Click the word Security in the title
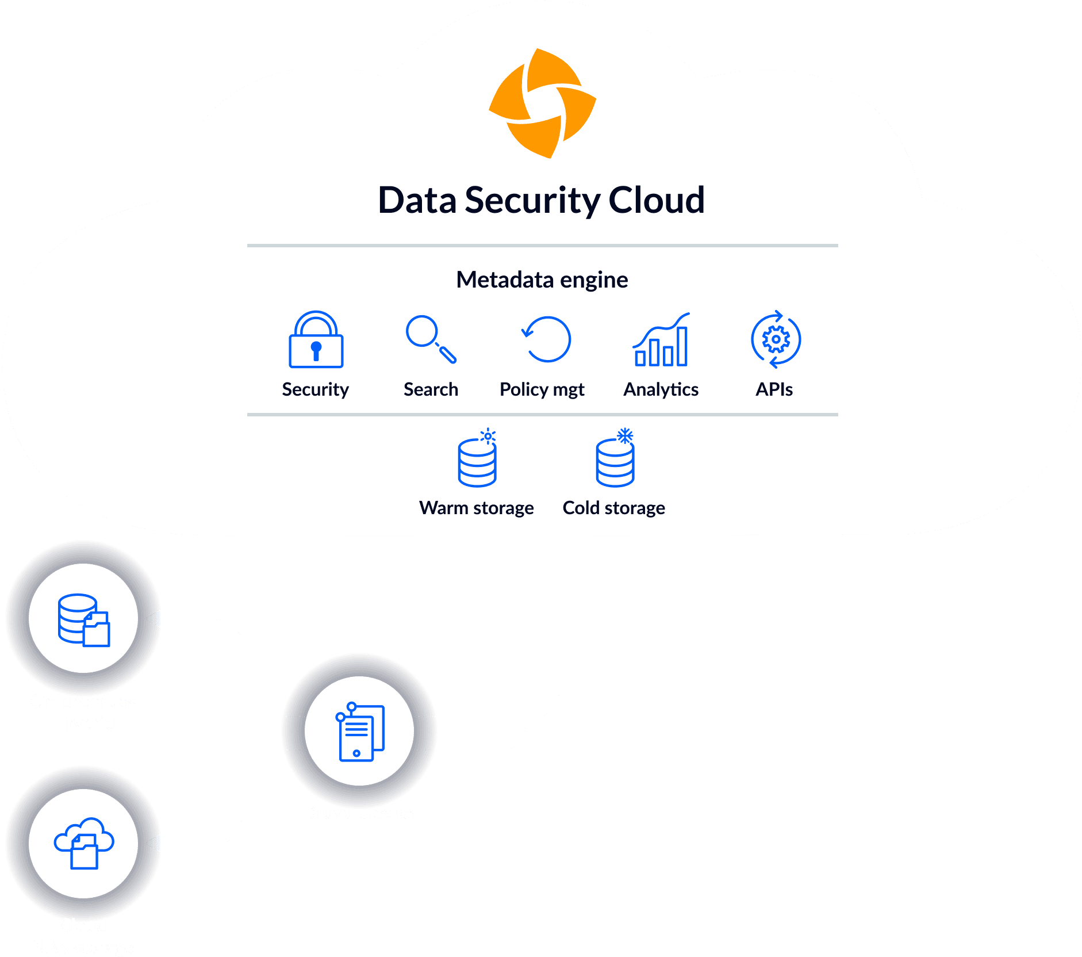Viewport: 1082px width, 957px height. (x=532, y=201)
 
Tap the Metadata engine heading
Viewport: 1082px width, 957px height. (x=542, y=280)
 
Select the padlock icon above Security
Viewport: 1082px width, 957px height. (x=316, y=340)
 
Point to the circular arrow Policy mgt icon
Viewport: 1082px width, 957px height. (x=547, y=339)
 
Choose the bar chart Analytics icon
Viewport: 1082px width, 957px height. (x=661, y=340)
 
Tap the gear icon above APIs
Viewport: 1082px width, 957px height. (x=776, y=339)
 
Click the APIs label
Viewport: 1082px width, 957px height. (x=774, y=390)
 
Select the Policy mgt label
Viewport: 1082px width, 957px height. (x=542, y=390)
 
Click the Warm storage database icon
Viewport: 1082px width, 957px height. (x=477, y=462)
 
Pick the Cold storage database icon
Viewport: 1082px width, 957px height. (x=615, y=462)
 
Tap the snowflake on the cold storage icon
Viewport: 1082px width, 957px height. (x=625, y=436)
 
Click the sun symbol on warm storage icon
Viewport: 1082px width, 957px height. (x=488, y=437)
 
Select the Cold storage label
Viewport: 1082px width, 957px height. (x=613, y=508)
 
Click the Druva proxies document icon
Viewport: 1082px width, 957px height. (x=359, y=731)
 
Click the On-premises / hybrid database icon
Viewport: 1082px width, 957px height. (x=83, y=620)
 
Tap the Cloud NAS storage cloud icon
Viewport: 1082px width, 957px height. (x=83, y=843)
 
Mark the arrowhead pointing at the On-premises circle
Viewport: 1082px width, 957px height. (x=154, y=620)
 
